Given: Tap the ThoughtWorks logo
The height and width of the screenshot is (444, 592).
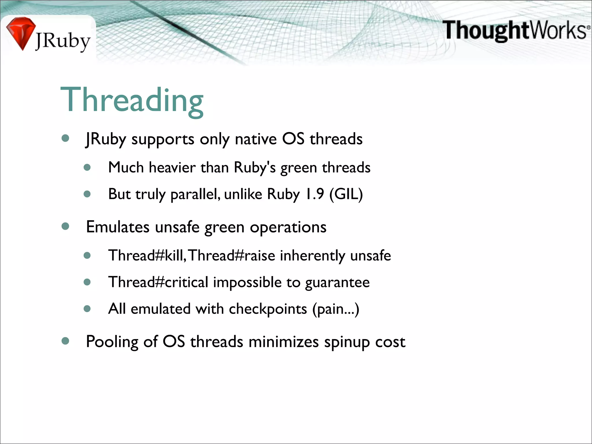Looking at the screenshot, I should [516, 30].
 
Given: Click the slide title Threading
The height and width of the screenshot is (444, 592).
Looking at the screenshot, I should [132, 100].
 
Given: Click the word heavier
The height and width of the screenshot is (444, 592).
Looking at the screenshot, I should [172, 168].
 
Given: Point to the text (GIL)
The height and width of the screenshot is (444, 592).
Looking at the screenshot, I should [346, 194].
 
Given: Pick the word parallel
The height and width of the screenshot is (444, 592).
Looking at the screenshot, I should [195, 195].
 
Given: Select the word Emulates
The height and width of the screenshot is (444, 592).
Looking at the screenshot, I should [118, 227].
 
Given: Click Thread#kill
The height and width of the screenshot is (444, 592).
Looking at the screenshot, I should [147, 256].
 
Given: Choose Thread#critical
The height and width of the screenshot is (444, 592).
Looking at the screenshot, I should [158, 282].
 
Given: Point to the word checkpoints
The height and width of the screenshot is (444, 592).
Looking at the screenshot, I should [268, 309].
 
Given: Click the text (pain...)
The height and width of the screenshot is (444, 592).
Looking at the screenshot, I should [336, 309].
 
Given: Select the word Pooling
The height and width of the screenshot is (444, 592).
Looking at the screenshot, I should [112, 342].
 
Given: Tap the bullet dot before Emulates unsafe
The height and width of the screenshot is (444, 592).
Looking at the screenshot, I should [65, 226].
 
